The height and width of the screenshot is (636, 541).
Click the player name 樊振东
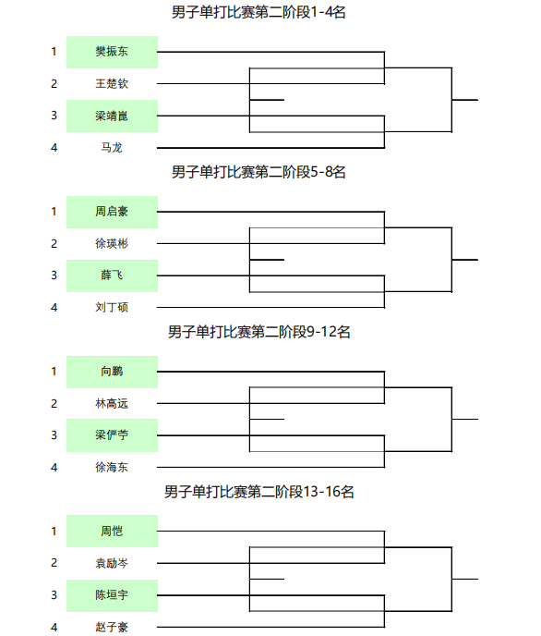point(112,52)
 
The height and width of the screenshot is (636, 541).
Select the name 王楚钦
point(112,83)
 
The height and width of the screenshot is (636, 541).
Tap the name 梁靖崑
point(112,116)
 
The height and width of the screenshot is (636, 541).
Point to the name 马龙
point(112,148)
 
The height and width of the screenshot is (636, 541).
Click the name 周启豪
point(112,212)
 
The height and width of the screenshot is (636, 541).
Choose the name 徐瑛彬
point(112,243)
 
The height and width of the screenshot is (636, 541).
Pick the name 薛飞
point(112,275)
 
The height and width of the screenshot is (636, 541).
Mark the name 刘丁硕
point(112,308)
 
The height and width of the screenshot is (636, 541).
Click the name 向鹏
point(112,371)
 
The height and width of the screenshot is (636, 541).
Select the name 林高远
point(112,404)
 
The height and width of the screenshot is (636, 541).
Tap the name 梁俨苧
point(112,435)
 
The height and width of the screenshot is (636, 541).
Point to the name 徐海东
point(112,467)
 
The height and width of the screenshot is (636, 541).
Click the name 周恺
point(112,531)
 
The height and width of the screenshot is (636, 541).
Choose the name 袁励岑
point(112,563)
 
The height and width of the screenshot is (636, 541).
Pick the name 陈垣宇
point(112,595)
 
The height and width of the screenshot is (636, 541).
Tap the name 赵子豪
point(112,627)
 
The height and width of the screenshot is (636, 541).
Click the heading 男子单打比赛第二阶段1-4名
point(258,12)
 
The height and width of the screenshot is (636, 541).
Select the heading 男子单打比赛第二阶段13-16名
point(259,492)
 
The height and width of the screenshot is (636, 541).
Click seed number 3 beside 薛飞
point(54,275)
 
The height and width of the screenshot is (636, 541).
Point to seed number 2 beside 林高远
point(54,404)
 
